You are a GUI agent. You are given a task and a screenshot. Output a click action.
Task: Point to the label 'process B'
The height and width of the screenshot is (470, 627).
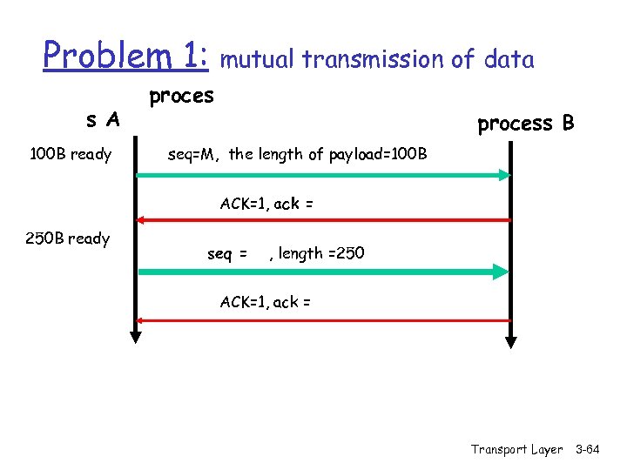click(525, 124)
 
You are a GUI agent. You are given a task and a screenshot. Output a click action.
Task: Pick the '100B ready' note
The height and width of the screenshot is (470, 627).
click(71, 155)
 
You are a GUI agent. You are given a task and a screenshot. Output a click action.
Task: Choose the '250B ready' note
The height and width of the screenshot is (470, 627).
click(71, 238)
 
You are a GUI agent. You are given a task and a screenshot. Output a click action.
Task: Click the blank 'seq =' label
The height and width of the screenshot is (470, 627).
click(227, 253)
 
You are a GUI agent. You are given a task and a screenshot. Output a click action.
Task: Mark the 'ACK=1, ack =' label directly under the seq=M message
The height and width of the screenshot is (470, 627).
click(266, 204)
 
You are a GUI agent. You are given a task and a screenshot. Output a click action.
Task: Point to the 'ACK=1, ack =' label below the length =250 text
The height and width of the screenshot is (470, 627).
click(266, 302)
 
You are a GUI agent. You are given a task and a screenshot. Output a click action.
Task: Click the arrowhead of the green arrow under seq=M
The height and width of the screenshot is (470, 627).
click(503, 175)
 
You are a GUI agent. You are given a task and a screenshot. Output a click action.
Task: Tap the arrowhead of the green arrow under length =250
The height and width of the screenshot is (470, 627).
click(503, 272)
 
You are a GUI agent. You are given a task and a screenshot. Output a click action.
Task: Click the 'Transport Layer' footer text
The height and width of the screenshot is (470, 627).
click(516, 449)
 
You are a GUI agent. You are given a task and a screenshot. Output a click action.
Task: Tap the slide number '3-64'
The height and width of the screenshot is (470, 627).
click(588, 449)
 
